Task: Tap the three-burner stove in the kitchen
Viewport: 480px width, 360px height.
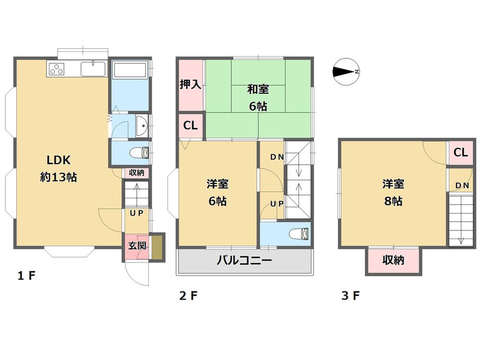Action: click(56, 69)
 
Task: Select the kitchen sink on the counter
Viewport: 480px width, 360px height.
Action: click(93, 69)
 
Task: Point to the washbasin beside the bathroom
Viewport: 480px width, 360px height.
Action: click(142, 126)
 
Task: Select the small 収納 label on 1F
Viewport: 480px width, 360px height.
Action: click(137, 173)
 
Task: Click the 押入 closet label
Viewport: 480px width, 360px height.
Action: click(190, 85)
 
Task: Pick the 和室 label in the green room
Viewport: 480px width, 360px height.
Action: click(258, 89)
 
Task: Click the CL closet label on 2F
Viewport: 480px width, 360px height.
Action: click(190, 126)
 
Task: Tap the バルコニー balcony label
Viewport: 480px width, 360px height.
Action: click(244, 261)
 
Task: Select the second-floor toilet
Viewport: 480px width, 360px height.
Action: click(300, 234)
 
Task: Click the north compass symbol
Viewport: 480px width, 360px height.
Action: click(346, 72)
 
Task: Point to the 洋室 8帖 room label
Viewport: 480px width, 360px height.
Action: click(393, 192)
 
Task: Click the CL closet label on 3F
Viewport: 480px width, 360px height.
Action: click(460, 153)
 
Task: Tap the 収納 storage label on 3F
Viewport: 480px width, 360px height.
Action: click(393, 260)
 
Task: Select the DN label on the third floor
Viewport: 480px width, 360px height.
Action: click(462, 185)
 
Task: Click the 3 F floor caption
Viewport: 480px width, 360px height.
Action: click(350, 296)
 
